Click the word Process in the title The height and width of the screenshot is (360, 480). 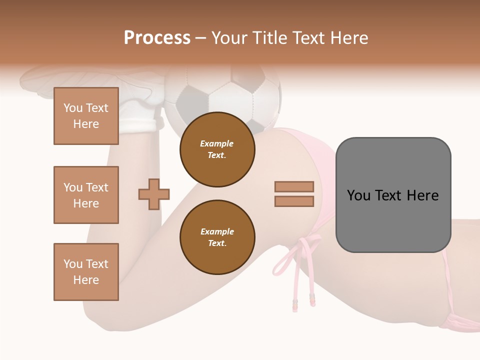pos(157,38)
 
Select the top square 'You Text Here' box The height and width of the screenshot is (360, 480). pos(86,116)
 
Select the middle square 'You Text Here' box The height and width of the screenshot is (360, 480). pos(86,195)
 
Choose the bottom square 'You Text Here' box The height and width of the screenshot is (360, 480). pos(86,271)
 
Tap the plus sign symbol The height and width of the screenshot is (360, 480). pos(154,194)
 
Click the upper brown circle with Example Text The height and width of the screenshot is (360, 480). pos(217,149)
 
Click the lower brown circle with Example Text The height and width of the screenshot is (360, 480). pos(217,237)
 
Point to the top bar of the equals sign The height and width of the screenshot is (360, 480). pos(294,186)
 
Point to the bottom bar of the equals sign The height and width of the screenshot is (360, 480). pos(294,201)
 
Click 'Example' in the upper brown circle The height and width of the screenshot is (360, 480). pos(216,143)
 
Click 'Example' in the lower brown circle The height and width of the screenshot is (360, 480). pos(217,231)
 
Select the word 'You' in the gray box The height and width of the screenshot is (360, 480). pos(358,195)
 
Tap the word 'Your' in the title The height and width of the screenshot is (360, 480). pos(230,38)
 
